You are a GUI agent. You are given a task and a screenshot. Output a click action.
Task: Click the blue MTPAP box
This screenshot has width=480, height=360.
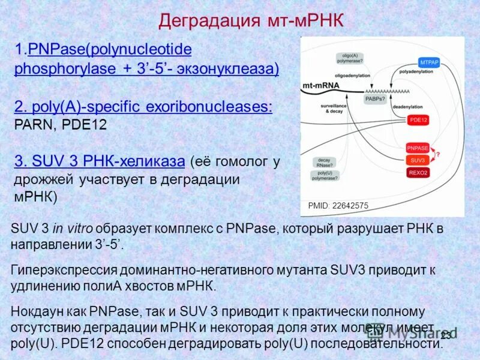[429, 62]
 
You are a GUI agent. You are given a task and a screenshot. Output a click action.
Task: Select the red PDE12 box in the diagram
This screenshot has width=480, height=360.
[418, 120]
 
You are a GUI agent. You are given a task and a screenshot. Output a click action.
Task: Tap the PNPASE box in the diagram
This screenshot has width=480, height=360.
[418, 148]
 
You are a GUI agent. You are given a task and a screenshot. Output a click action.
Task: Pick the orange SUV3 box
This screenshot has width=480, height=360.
[418, 160]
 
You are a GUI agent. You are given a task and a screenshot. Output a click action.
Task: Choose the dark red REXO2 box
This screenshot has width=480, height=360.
[418, 173]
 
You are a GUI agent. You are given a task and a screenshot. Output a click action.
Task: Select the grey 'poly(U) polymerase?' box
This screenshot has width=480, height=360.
[324, 175]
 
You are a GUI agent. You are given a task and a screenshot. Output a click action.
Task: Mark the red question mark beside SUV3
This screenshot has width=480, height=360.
[438, 155]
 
